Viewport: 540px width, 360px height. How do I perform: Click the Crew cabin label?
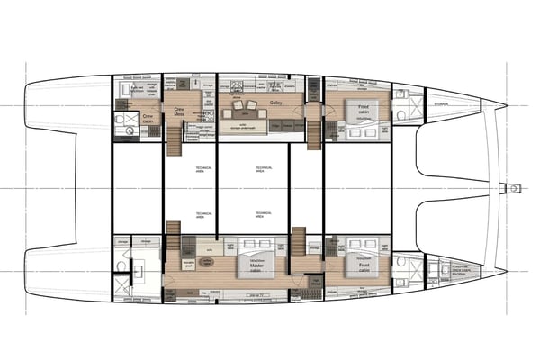147,116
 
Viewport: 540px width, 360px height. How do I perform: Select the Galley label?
276,103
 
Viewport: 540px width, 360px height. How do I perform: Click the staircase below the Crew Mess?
174,139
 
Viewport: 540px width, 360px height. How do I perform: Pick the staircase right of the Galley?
312,135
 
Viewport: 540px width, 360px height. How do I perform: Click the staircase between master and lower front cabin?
297,241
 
